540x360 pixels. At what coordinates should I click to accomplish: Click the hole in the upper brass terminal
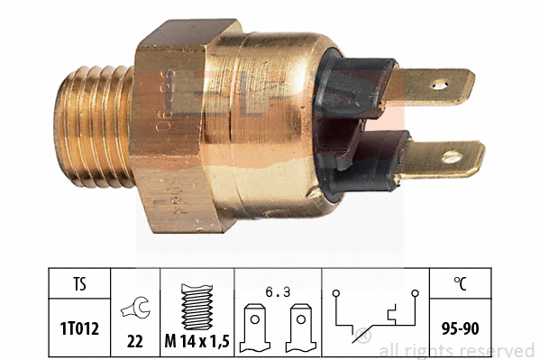click(x=439, y=86)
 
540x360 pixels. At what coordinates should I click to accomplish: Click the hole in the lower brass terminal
click(x=449, y=159)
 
